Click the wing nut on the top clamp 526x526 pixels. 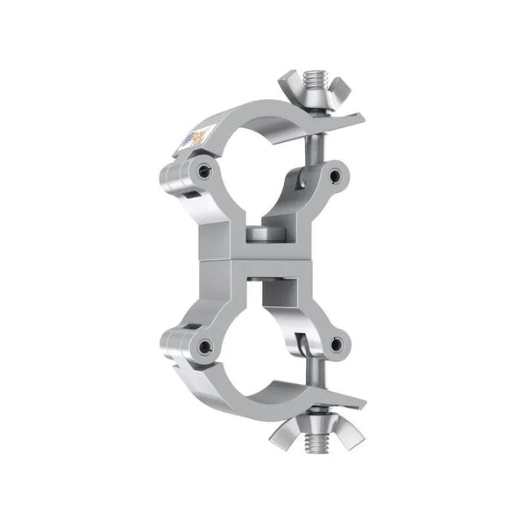[x=303, y=89]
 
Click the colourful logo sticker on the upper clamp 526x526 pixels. [x=199, y=139]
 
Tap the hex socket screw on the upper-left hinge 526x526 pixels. [x=203, y=173]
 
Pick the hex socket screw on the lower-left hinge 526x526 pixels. [x=203, y=347]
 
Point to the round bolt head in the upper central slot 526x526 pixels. [x=258, y=235]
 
